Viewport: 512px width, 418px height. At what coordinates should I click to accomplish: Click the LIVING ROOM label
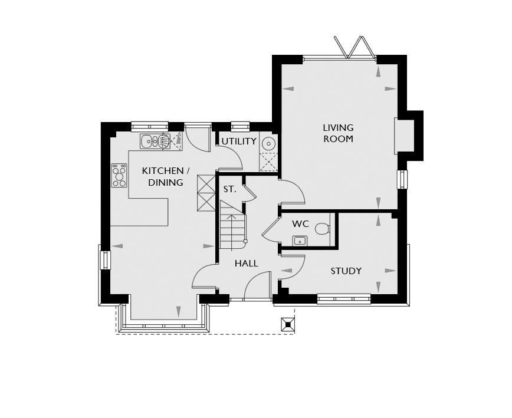(x=339, y=133)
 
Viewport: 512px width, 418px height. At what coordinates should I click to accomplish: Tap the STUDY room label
(x=346, y=271)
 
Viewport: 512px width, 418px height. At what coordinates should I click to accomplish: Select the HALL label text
(x=246, y=264)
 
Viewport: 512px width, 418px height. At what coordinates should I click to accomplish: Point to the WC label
(x=300, y=224)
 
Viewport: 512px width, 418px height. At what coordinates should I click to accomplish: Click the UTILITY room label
(x=239, y=141)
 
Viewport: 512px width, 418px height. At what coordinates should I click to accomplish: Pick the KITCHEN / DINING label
(x=166, y=176)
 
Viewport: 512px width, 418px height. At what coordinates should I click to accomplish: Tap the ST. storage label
(x=229, y=189)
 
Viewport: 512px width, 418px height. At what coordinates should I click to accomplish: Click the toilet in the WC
(x=323, y=229)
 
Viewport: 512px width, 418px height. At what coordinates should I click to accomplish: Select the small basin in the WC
(x=300, y=241)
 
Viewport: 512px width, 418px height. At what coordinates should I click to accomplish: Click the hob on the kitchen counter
(x=119, y=176)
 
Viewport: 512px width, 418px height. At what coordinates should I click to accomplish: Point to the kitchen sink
(x=155, y=141)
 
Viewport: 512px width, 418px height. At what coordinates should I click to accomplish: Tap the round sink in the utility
(x=269, y=143)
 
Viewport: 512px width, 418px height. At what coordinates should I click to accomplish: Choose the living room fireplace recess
(x=404, y=136)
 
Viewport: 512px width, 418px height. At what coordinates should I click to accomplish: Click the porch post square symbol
(x=288, y=325)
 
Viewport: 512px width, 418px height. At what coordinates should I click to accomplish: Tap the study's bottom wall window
(x=344, y=298)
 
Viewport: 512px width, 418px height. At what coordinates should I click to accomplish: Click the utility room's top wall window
(x=240, y=126)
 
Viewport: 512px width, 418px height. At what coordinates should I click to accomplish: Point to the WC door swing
(x=270, y=228)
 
